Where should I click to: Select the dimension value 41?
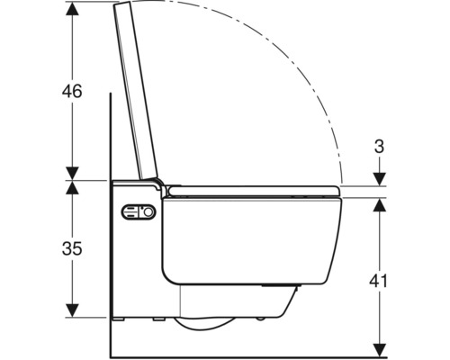click(x=379, y=281)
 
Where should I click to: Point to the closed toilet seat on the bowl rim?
click(x=252, y=190)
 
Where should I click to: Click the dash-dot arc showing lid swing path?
click(x=297, y=72)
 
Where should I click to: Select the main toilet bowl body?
click(x=243, y=243)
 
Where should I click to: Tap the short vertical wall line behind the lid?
click(x=107, y=135)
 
